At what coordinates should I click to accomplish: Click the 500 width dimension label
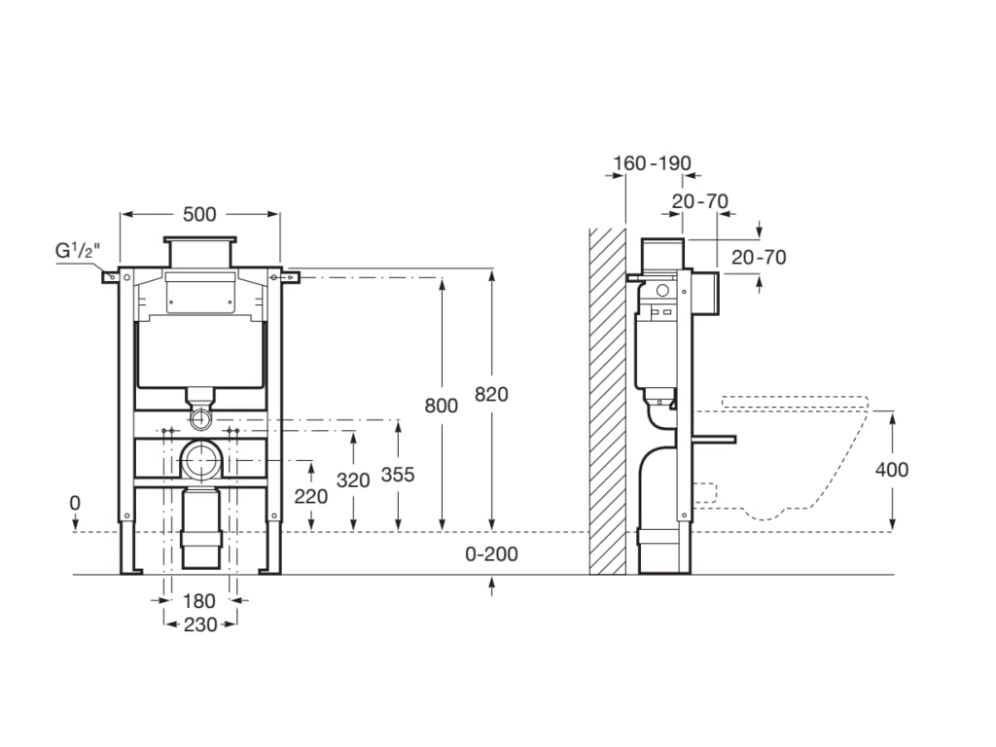click(x=199, y=214)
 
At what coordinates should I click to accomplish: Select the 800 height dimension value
click(x=441, y=406)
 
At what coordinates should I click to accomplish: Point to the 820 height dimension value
click(x=491, y=394)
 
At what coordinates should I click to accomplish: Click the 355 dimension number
click(x=397, y=475)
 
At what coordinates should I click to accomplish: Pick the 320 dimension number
click(x=353, y=480)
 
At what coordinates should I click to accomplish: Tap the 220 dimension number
click(x=310, y=495)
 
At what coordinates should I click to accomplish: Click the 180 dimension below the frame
click(x=199, y=601)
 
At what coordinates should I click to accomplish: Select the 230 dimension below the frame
click(x=199, y=625)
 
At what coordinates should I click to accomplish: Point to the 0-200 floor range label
click(x=492, y=554)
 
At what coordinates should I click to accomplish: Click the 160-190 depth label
click(x=650, y=163)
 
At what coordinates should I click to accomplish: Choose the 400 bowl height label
click(x=891, y=470)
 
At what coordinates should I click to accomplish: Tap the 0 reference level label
click(x=76, y=503)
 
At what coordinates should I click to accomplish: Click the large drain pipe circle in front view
click(x=202, y=458)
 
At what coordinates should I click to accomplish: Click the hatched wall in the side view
click(x=607, y=399)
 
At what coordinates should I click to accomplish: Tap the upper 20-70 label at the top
click(x=700, y=201)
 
